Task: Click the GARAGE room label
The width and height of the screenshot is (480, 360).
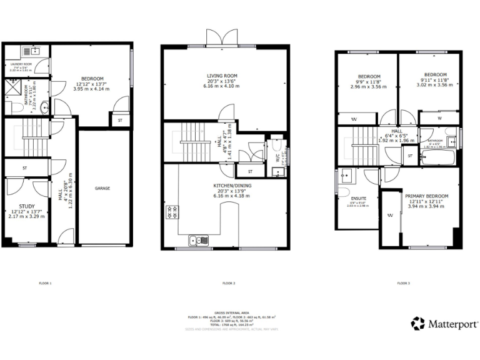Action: pos(102,187)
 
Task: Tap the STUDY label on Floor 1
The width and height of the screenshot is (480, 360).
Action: pos(27,206)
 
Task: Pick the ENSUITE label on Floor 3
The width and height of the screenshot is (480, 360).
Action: pos(359,198)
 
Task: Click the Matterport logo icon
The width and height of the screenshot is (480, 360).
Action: pos(418,323)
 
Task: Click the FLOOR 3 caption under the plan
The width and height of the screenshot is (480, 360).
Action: pos(404,283)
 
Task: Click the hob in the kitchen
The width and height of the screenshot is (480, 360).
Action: pos(171,212)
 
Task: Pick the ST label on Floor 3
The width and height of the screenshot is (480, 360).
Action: pos(410,155)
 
